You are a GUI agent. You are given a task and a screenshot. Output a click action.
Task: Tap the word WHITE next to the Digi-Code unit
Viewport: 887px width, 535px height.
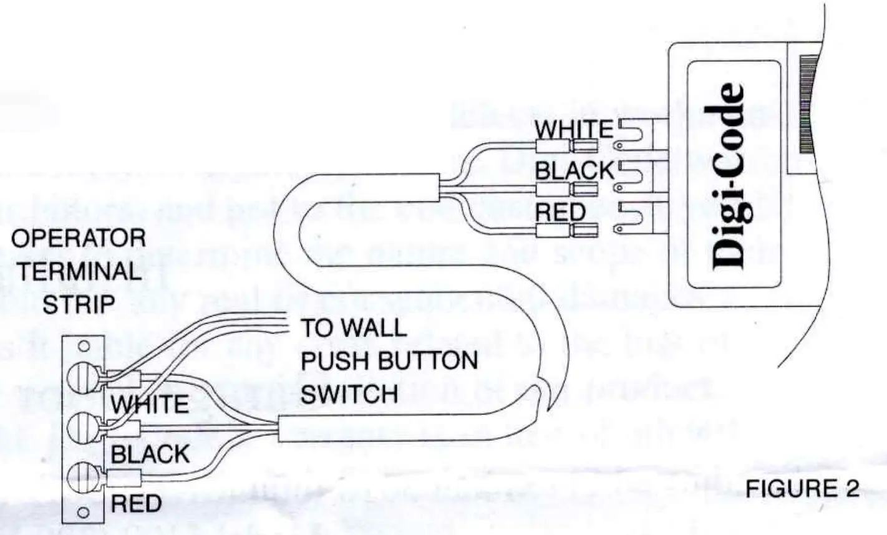click(574, 129)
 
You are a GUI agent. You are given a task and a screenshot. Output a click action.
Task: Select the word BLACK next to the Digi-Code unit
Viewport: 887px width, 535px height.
click(575, 170)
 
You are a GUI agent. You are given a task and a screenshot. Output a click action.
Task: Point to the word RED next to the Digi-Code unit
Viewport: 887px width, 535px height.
click(561, 213)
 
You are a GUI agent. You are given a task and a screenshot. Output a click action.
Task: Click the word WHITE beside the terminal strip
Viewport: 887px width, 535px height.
click(150, 405)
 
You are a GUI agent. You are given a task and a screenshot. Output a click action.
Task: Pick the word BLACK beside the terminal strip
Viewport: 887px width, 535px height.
click(150, 454)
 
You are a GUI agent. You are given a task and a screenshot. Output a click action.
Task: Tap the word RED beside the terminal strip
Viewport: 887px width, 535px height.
click(136, 503)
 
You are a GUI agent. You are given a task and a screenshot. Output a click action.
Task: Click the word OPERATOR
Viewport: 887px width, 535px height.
click(79, 238)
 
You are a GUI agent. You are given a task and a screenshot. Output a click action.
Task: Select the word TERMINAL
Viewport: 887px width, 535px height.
click(79, 271)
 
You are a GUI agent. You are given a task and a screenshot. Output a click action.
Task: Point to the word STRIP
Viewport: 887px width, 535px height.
click(79, 304)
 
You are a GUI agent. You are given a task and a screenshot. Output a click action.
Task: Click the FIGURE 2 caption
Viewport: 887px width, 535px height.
click(802, 489)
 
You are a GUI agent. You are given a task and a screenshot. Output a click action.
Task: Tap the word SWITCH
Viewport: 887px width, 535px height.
click(349, 394)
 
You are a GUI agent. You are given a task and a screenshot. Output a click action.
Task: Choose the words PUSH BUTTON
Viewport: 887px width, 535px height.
click(389, 361)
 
